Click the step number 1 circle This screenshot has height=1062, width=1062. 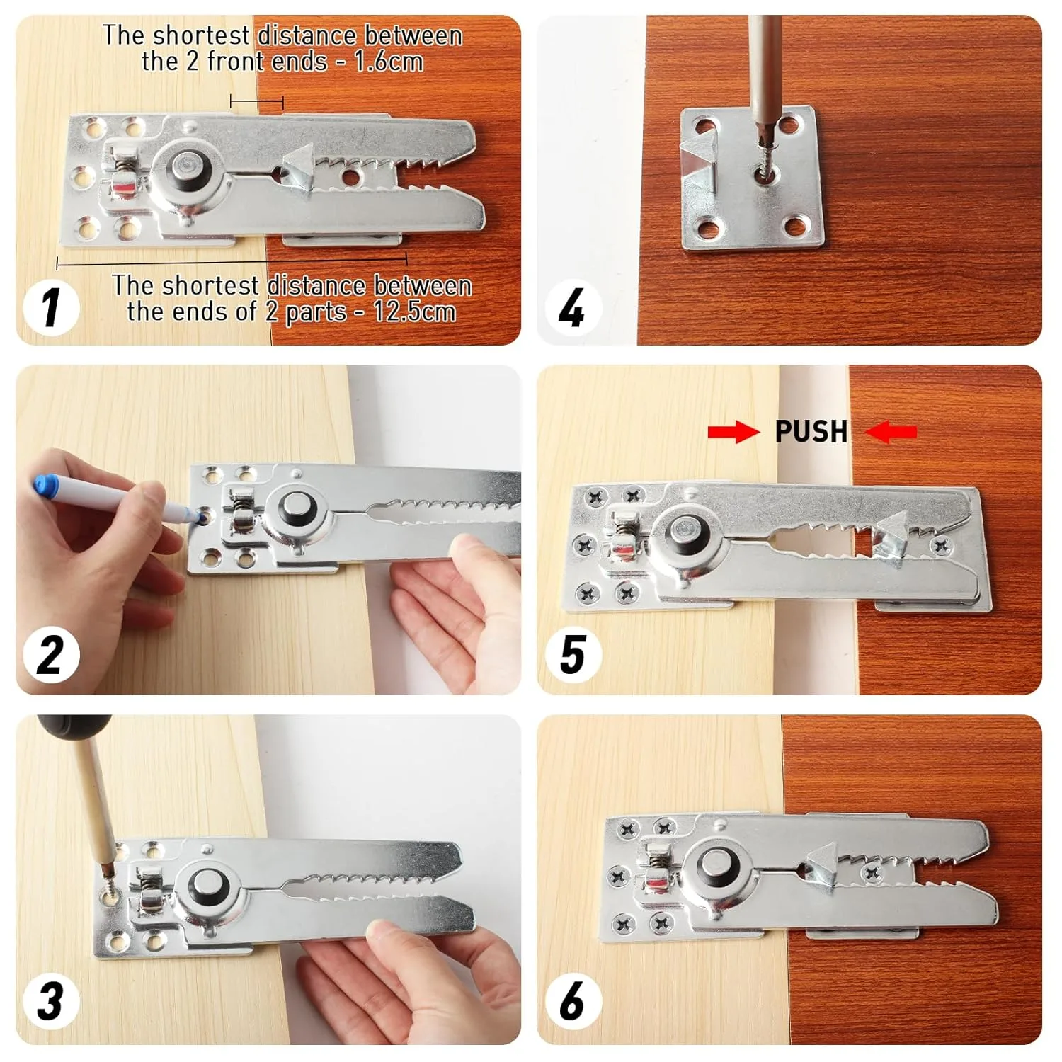pyautogui.click(x=50, y=307)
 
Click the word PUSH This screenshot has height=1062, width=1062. pyautogui.click(x=811, y=431)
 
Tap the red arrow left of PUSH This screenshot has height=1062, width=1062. pyautogui.click(x=733, y=431)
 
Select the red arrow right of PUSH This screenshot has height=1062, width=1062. pyautogui.click(x=891, y=431)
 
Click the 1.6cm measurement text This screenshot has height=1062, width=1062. pyautogui.click(x=388, y=62)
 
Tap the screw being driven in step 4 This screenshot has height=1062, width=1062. pyautogui.click(x=763, y=171)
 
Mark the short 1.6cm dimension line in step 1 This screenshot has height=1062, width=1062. pyautogui.click(x=256, y=103)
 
